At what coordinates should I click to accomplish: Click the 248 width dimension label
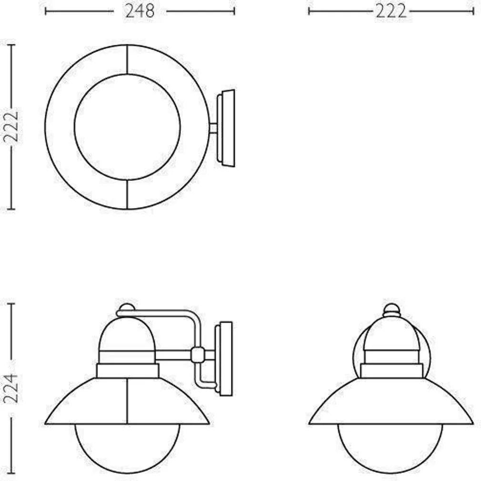point(140,11)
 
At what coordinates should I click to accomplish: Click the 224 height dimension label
point(11,388)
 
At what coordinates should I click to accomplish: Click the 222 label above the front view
point(391,12)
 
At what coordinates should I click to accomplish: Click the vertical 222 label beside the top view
point(11,127)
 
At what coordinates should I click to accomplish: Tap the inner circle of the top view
point(127,74)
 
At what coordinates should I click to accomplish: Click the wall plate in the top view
point(226,128)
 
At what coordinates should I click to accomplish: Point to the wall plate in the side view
point(224,359)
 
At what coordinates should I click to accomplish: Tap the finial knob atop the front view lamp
point(391,310)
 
